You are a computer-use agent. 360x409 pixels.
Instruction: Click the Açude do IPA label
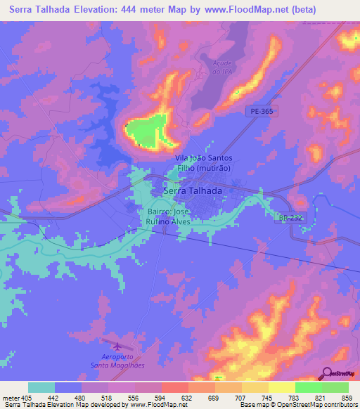tap(221, 67)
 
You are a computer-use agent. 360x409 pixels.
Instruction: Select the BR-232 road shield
tap(290, 219)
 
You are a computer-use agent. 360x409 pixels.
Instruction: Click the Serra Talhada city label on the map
tap(193, 190)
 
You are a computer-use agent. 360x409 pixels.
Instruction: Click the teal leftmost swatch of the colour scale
tap(41, 387)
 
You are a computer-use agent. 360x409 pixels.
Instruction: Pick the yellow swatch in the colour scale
tap(282, 387)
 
